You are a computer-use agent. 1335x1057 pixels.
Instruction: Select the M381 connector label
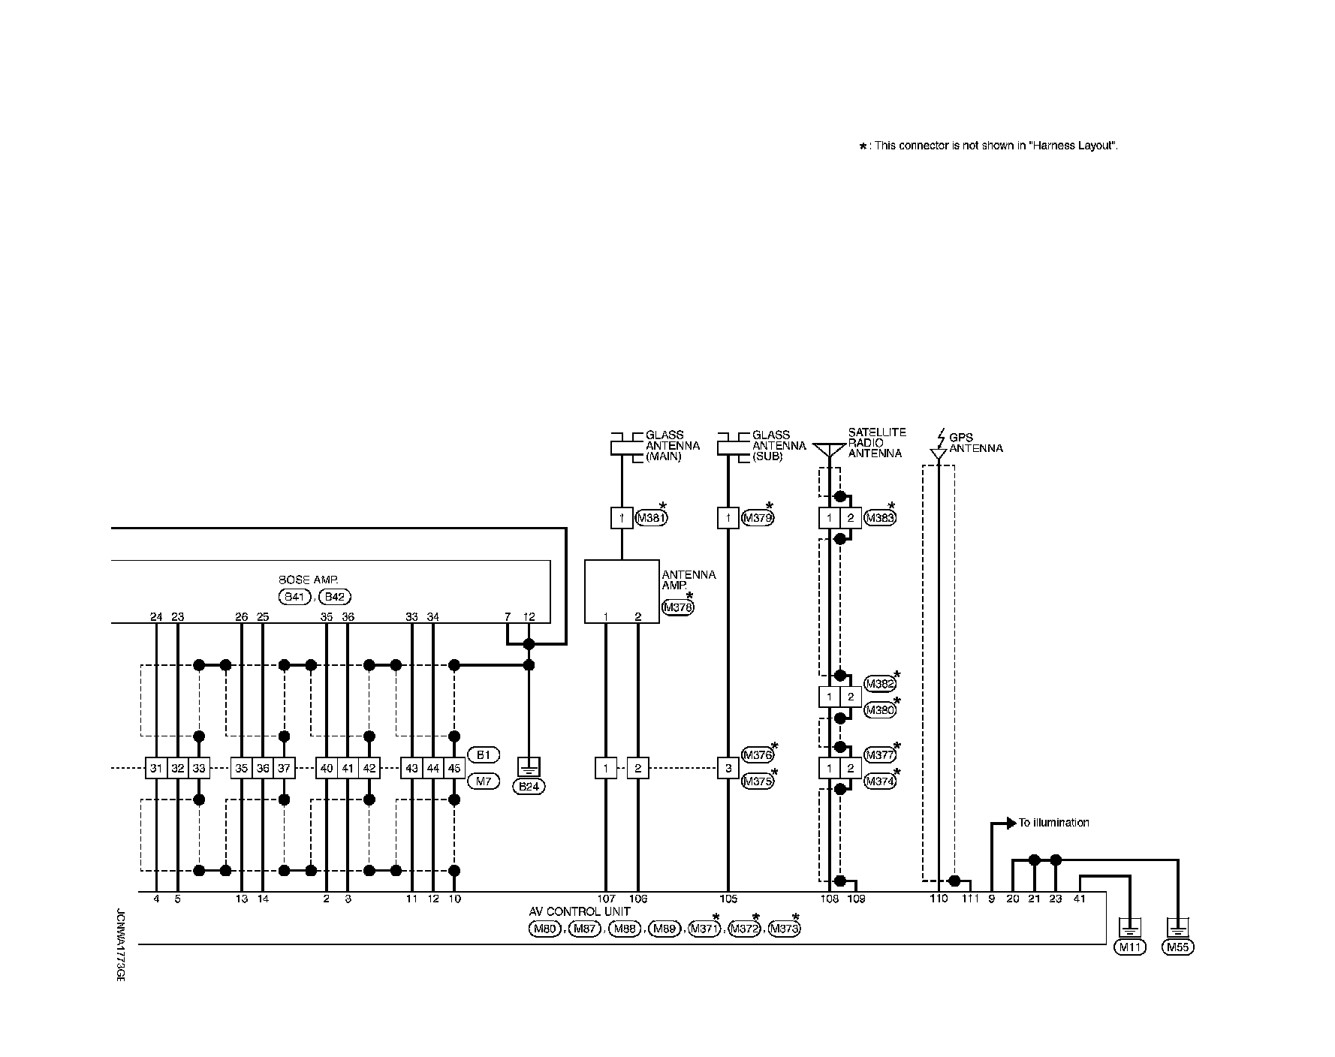651,518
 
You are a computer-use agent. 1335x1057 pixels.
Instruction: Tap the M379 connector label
758,518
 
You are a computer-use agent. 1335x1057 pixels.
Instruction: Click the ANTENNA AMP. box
622,591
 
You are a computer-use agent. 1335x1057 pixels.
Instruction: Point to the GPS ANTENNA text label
975,443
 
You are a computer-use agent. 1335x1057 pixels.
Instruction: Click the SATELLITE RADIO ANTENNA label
876,443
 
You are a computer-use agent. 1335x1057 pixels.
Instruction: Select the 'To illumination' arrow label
1053,823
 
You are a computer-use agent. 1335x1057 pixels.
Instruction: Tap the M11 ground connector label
1129,947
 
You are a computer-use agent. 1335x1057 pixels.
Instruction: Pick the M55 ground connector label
1177,947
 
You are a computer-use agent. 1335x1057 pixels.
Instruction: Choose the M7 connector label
483,781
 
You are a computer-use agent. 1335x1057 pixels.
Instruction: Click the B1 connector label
483,754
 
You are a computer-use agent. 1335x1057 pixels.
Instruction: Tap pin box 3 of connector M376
728,768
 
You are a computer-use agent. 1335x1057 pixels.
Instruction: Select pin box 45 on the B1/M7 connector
454,768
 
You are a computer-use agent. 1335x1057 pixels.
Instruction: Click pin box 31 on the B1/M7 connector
155,768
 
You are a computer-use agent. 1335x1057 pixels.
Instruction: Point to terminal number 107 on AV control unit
606,899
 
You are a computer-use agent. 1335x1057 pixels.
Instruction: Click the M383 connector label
880,518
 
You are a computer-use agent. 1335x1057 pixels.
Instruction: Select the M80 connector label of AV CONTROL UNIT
544,929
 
